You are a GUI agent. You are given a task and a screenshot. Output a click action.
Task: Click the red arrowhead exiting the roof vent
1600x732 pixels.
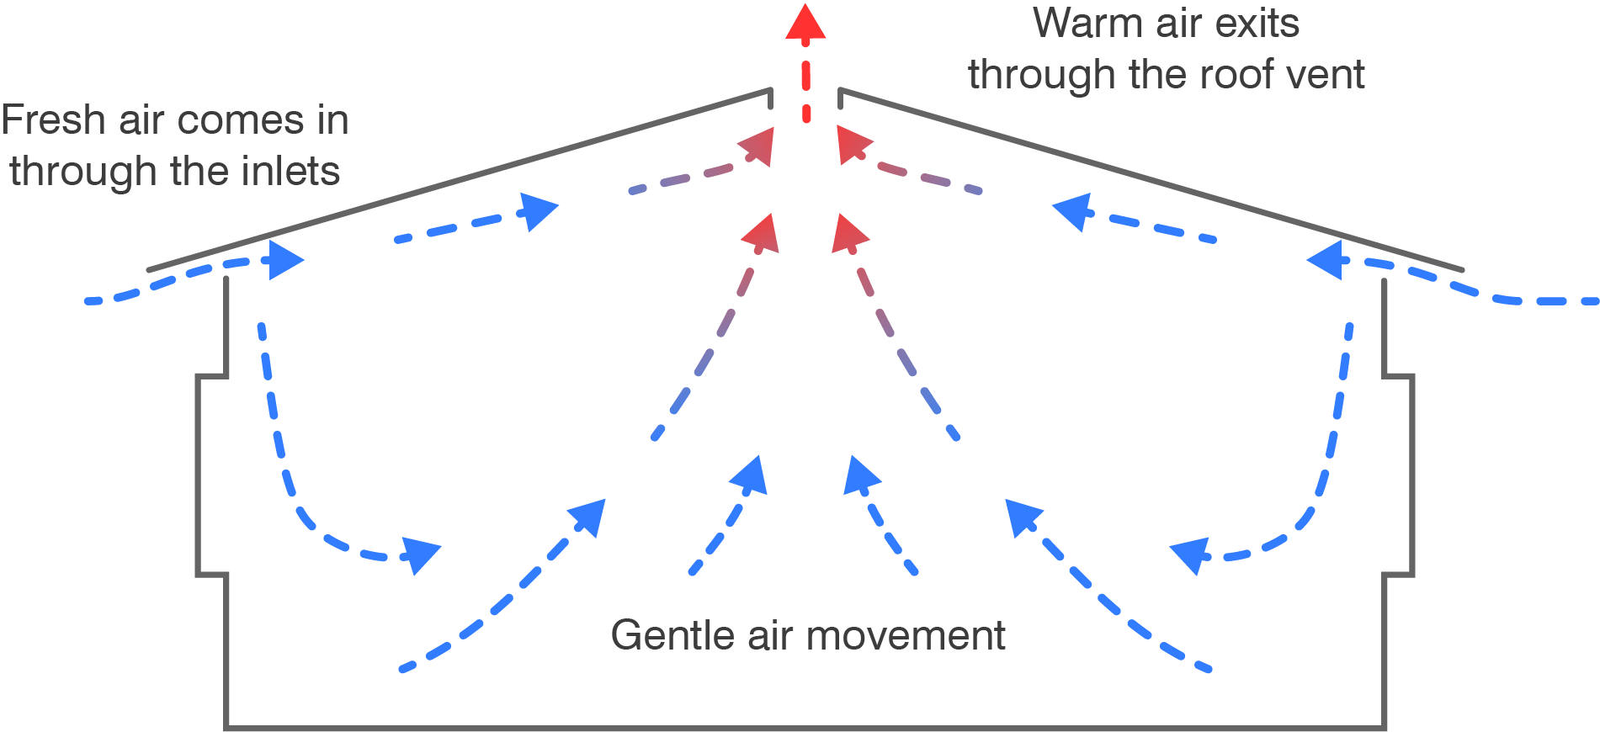805,21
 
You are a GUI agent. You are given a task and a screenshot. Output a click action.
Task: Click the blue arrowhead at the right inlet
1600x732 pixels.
1325,260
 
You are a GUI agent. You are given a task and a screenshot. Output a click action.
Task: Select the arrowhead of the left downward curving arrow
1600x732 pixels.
420,554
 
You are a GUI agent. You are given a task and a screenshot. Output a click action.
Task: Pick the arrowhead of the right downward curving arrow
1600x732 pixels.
1190,554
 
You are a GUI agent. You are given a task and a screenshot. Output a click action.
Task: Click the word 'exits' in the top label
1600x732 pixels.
1258,23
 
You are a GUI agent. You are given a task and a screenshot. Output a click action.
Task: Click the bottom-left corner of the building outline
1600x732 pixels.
226,726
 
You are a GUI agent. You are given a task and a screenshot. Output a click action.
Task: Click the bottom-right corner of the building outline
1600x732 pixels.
1384,726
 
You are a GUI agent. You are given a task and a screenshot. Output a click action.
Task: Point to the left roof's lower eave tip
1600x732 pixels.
149,270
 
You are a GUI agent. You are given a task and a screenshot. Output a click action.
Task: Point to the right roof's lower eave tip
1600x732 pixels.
1462,270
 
